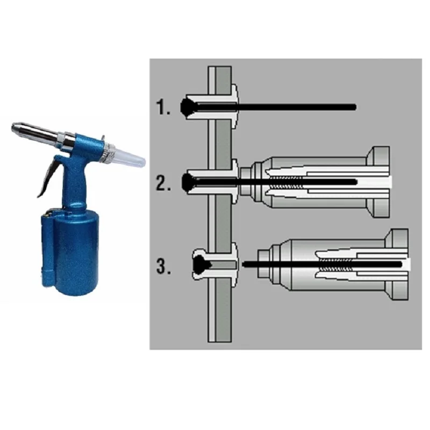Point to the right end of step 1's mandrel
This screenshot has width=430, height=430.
pos(353,107)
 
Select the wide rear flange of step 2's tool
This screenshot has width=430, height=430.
pos(378,182)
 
